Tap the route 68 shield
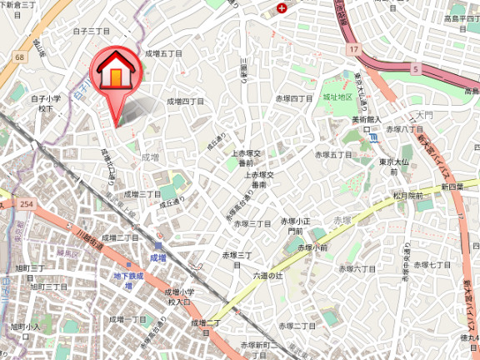[18, 57]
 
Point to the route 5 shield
[414, 69]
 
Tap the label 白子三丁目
[92, 31]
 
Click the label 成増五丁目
[163, 53]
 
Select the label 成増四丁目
[185, 101]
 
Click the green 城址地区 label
[339, 97]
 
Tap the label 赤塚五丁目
[333, 155]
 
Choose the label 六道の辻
[268, 275]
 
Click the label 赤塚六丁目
[357, 268]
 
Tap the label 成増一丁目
[129, 319]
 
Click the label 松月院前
[408, 196]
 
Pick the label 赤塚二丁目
[297, 324]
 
